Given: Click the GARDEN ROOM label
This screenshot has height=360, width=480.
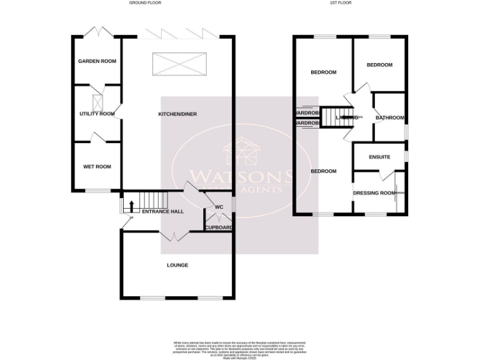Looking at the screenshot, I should click(x=97, y=61).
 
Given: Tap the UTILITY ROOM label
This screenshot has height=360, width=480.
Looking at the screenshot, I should click(x=97, y=114).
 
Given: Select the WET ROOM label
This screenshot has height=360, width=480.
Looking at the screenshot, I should click(x=97, y=167).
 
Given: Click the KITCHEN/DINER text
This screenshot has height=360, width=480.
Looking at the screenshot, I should click(x=177, y=114).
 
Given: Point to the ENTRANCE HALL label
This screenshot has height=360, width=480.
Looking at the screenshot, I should click(x=162, y=212).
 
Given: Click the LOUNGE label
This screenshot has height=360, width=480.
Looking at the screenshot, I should click(x=177, y=265).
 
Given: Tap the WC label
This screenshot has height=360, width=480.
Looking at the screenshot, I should click(x=219, y=207).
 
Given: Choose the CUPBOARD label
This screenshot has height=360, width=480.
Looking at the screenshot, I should click(x=219, y=227).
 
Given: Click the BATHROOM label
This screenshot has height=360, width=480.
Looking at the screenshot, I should click(x=389, y=117).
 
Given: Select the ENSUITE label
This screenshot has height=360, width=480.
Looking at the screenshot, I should click(x=379, y=157).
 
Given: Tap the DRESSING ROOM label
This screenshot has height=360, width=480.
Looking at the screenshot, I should click(x=374, y=193).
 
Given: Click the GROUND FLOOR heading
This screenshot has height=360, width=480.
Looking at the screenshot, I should click(x=145, y=3).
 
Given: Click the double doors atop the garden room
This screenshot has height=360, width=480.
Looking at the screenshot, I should click(x=97, y=32).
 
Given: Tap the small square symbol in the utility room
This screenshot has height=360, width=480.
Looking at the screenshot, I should click(x=97, y=102).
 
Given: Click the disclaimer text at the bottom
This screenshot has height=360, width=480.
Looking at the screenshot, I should click(x=239, y=348).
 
